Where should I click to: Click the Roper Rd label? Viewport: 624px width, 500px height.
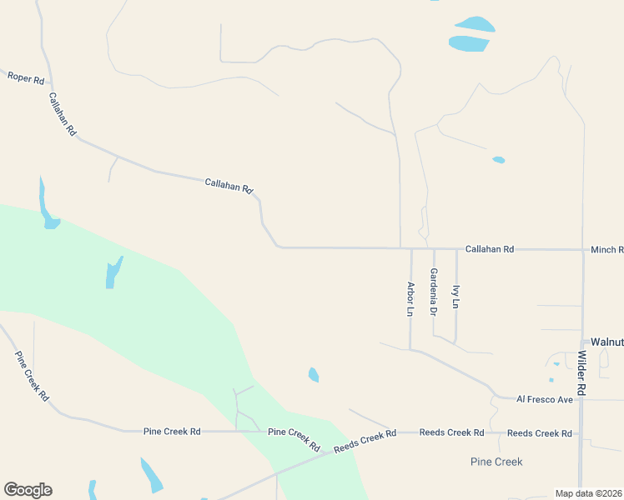click(x=26, y=77)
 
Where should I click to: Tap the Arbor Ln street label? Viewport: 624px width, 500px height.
click(x=410, y=299)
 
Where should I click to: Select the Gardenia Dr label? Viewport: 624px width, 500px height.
click(x=433, y=292)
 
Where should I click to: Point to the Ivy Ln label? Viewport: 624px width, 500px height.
click(x=455, y=297)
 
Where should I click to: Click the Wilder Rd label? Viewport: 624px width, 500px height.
click(x=581, y=372)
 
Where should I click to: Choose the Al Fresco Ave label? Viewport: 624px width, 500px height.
click(x=545, y=400)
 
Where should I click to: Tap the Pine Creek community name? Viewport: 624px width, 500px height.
click(x=496, y=462)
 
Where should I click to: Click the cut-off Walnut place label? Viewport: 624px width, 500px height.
click(x=606, y=342)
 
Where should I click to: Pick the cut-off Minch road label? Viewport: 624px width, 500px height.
click(x=606, y=249)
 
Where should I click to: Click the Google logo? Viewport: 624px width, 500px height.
click(x=28, y=490)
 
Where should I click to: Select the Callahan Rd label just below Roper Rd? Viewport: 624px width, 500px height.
click(x=63, y=114)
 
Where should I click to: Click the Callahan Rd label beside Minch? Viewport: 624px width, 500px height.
click(x=490, y=249)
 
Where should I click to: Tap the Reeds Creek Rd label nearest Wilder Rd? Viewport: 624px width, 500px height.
click(x=539, y=433)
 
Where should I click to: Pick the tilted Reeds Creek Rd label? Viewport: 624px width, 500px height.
click(x=365, y=441)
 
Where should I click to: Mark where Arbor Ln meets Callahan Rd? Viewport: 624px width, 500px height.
click(x=411, y=248)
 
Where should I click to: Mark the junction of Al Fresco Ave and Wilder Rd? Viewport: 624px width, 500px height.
click(x=581, y=400)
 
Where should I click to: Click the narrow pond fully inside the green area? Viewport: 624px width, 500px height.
click(x=114, y=272)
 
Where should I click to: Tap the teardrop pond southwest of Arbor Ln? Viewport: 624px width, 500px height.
click(x=314, y=375)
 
